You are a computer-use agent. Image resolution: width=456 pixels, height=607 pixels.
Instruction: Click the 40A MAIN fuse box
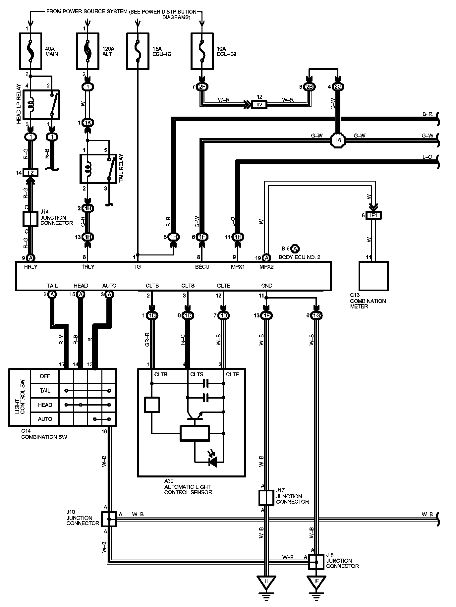point(31,51)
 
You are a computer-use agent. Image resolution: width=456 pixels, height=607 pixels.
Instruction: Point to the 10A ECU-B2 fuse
point(202,51)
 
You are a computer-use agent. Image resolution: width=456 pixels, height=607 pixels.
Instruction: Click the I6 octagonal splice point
point(338,140)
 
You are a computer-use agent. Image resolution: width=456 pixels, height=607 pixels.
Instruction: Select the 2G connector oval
point(338,87)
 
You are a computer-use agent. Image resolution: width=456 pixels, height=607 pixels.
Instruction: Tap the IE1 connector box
point(374,216)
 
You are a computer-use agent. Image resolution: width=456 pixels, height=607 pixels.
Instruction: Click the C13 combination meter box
point(373,276)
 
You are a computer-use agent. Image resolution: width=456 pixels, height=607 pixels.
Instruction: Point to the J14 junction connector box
point(30,219)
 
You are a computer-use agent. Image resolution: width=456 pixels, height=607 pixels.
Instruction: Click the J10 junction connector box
point(109,519)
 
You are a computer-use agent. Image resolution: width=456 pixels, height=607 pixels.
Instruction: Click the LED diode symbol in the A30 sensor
point(212,462)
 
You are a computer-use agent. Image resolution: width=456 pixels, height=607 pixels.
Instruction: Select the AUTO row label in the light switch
point(45,419)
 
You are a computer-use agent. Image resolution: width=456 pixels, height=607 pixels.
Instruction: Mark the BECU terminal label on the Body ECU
point(202,267)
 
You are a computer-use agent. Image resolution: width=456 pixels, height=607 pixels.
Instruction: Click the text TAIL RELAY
point(121,168)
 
